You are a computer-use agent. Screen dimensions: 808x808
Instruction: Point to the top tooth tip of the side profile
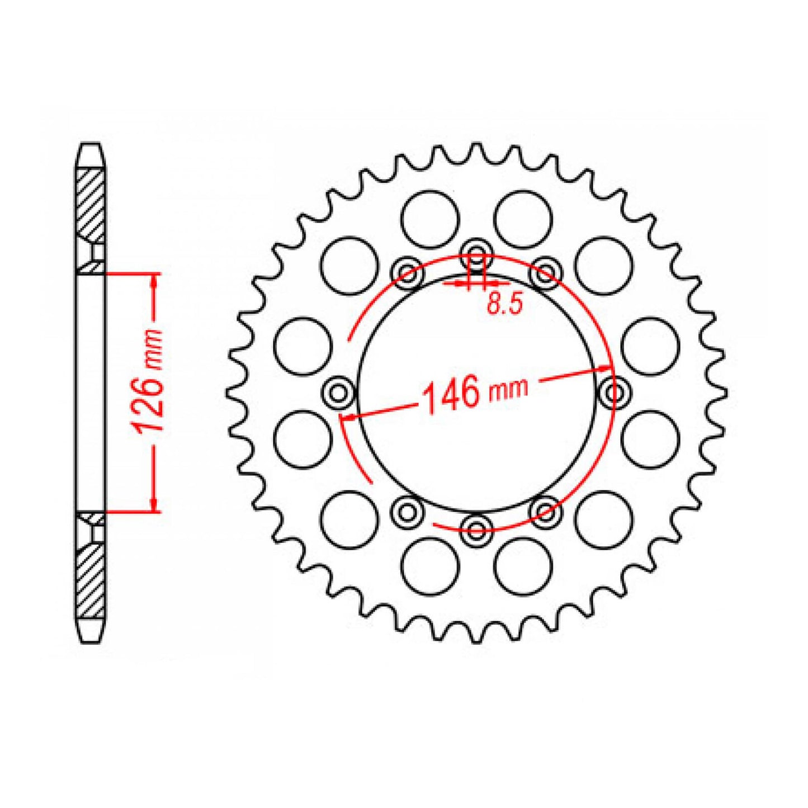[x=90, y=147]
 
